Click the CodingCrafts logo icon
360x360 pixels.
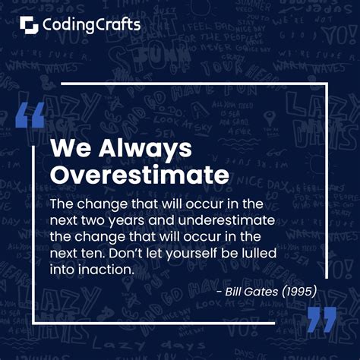tap(30, 26)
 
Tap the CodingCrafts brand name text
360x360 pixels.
tap(92, 25)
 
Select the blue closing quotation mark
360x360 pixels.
tap(322, 320)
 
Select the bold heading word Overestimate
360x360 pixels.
tap(139, 175)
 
